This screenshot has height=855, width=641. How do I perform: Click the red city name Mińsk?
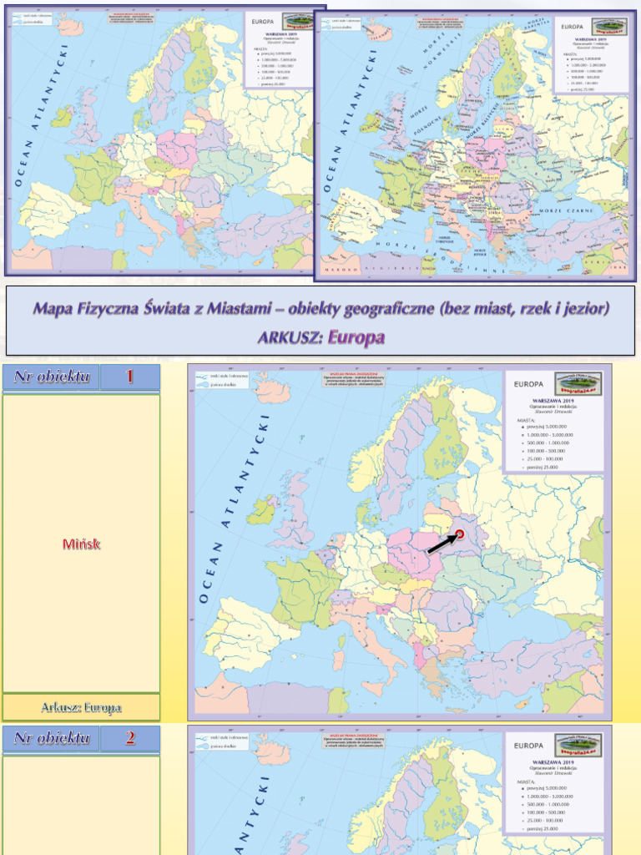(81, 544)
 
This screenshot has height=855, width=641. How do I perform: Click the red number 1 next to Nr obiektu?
(129, 377)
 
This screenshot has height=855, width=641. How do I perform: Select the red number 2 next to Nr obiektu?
(129, 738)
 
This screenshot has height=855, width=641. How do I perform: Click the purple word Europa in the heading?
(356, 337)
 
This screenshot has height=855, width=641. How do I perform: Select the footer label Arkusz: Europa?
(81, 707)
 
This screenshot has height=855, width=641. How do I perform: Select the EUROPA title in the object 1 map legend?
(529, 385)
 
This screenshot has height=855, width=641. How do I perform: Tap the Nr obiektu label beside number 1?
(52, 377)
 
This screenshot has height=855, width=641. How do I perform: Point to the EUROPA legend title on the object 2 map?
(529, 746)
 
